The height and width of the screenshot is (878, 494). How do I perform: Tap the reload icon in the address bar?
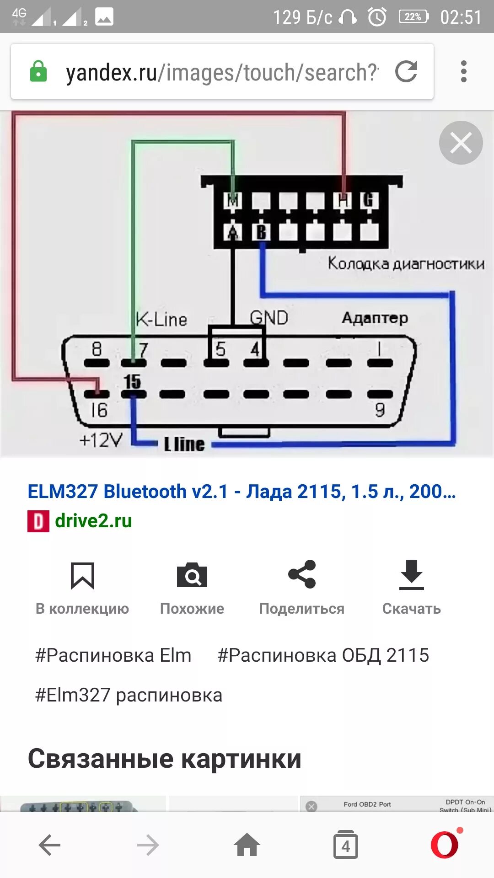click(406, 72)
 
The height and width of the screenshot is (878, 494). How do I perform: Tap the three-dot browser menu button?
click(464, 72)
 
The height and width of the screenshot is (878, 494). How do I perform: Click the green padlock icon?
click(38, 72)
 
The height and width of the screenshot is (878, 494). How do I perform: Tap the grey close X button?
click(461, 143)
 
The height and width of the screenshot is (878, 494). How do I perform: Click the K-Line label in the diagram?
click(161, 319)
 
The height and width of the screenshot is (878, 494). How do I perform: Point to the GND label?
click(269, 317)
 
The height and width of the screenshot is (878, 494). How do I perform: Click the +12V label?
click(101, 440)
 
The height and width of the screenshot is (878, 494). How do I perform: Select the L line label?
click(184, 444)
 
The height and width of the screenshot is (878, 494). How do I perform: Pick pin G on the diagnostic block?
click(369, 200)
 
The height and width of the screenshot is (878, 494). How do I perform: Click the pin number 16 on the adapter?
click(99, 410)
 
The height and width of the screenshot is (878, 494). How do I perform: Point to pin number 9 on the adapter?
click(380, 410)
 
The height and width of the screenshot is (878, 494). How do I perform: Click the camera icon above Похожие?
click(192, 575)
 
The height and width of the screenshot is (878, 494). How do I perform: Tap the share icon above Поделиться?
click(302, 574)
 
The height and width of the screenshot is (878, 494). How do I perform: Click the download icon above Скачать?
click(412, 574)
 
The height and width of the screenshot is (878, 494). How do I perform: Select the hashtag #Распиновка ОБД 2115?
click(323, 655)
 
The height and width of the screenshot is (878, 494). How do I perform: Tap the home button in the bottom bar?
click(247, 845)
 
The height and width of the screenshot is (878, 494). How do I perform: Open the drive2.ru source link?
click(93, 521)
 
